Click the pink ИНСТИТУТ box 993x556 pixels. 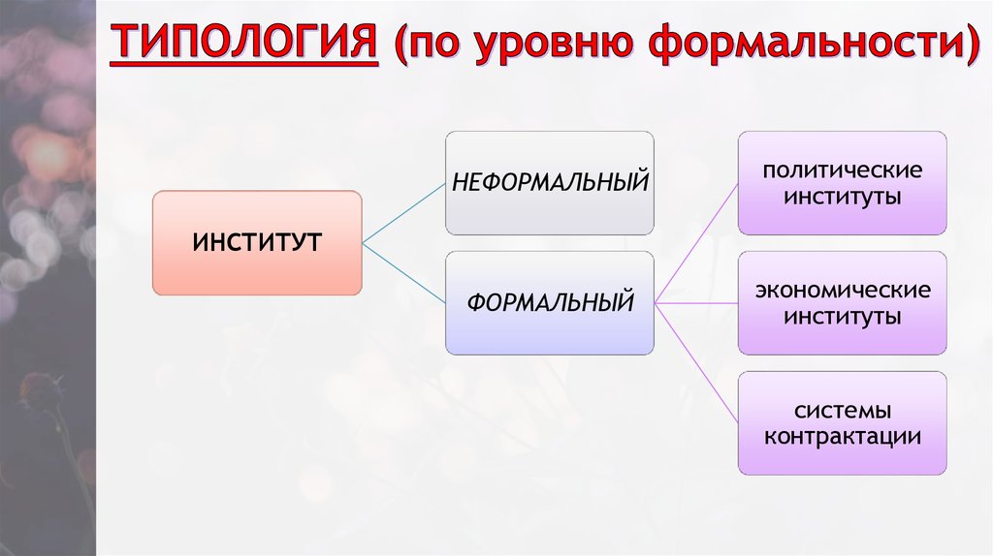[x=257, y=242]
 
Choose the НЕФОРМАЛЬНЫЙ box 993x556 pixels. [x=549, y=182]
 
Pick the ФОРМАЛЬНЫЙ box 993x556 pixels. [x=549, y=302]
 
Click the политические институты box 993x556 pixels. [x=842, y=183]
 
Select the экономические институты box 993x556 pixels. [x=842, y=303]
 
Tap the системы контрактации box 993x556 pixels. [x=842, y=423]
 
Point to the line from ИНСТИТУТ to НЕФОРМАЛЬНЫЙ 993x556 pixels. [x=403, y=212]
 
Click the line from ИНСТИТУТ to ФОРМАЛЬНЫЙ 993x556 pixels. [x=403, y=272]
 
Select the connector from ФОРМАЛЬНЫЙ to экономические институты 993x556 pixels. [x=696, y=303]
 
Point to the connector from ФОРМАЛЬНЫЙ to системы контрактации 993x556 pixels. [x=696, y=362]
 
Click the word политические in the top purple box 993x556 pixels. [x=842, y=171]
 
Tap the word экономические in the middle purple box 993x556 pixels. [x=842, y=292]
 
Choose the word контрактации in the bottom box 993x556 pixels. [x=842, y=436]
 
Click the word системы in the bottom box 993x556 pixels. [x=842, y=411]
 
